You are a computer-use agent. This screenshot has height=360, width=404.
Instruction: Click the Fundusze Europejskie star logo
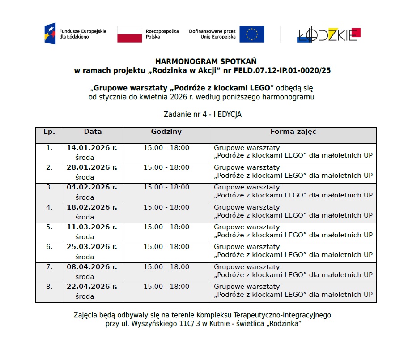pyautogui.click(x=50, y=34)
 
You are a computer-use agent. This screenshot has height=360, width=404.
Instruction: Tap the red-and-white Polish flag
pyautogui.click(x=129, y=34)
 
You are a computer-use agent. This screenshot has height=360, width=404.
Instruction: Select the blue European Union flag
pyautogui.click(x=251, y=34)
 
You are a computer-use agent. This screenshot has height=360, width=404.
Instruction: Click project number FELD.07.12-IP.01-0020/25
pyautogui.click(x=277, y=70)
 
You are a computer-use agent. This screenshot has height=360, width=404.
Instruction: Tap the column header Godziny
pyautogui.click(x=166, y=132)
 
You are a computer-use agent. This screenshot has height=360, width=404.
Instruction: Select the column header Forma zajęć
pyautogui.click(x=293, y=132)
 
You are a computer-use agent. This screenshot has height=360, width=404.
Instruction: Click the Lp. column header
pyautogui.click(x=49, y=132)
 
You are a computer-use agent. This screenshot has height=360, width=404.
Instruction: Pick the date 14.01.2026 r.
pyautogui.click(x=92, y=148)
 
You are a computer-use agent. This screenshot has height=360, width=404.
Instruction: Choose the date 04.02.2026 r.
pyautogui.click(x=92, y=187)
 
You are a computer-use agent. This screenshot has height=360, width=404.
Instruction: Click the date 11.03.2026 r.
pyautogui.click(x=92, y=227)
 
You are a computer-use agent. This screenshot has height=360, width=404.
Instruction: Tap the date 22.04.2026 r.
pyautogui.click(x=92, y=287)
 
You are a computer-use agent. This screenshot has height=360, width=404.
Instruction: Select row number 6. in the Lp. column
pyautogui.click(x=49, y=247)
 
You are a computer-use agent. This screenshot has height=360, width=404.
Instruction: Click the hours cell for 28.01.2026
pyautogui.click(x=166, y=167)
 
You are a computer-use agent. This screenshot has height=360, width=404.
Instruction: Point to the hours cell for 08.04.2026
pyautogui.click(x=166, y=267)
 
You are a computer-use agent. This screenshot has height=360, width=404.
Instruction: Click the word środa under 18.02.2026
pyautogui.click(x=85, y=217)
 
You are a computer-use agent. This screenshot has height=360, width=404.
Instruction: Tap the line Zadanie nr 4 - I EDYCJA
pyautogui.click(x=203, y=115)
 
